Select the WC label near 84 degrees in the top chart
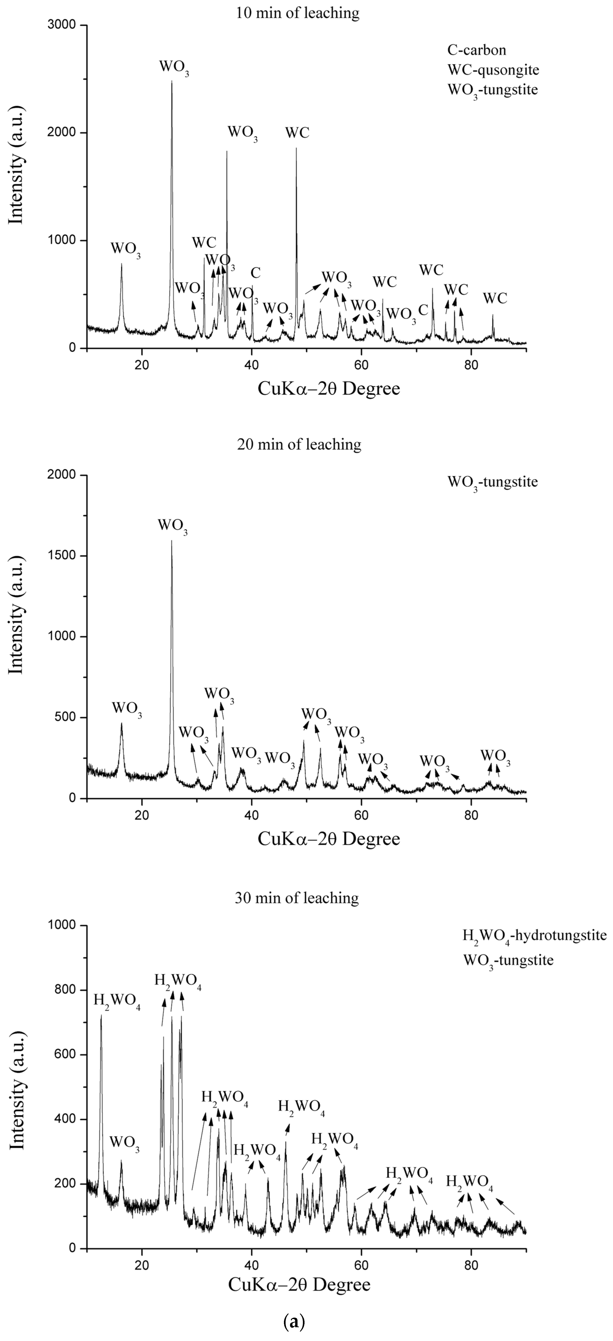(495, 298)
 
